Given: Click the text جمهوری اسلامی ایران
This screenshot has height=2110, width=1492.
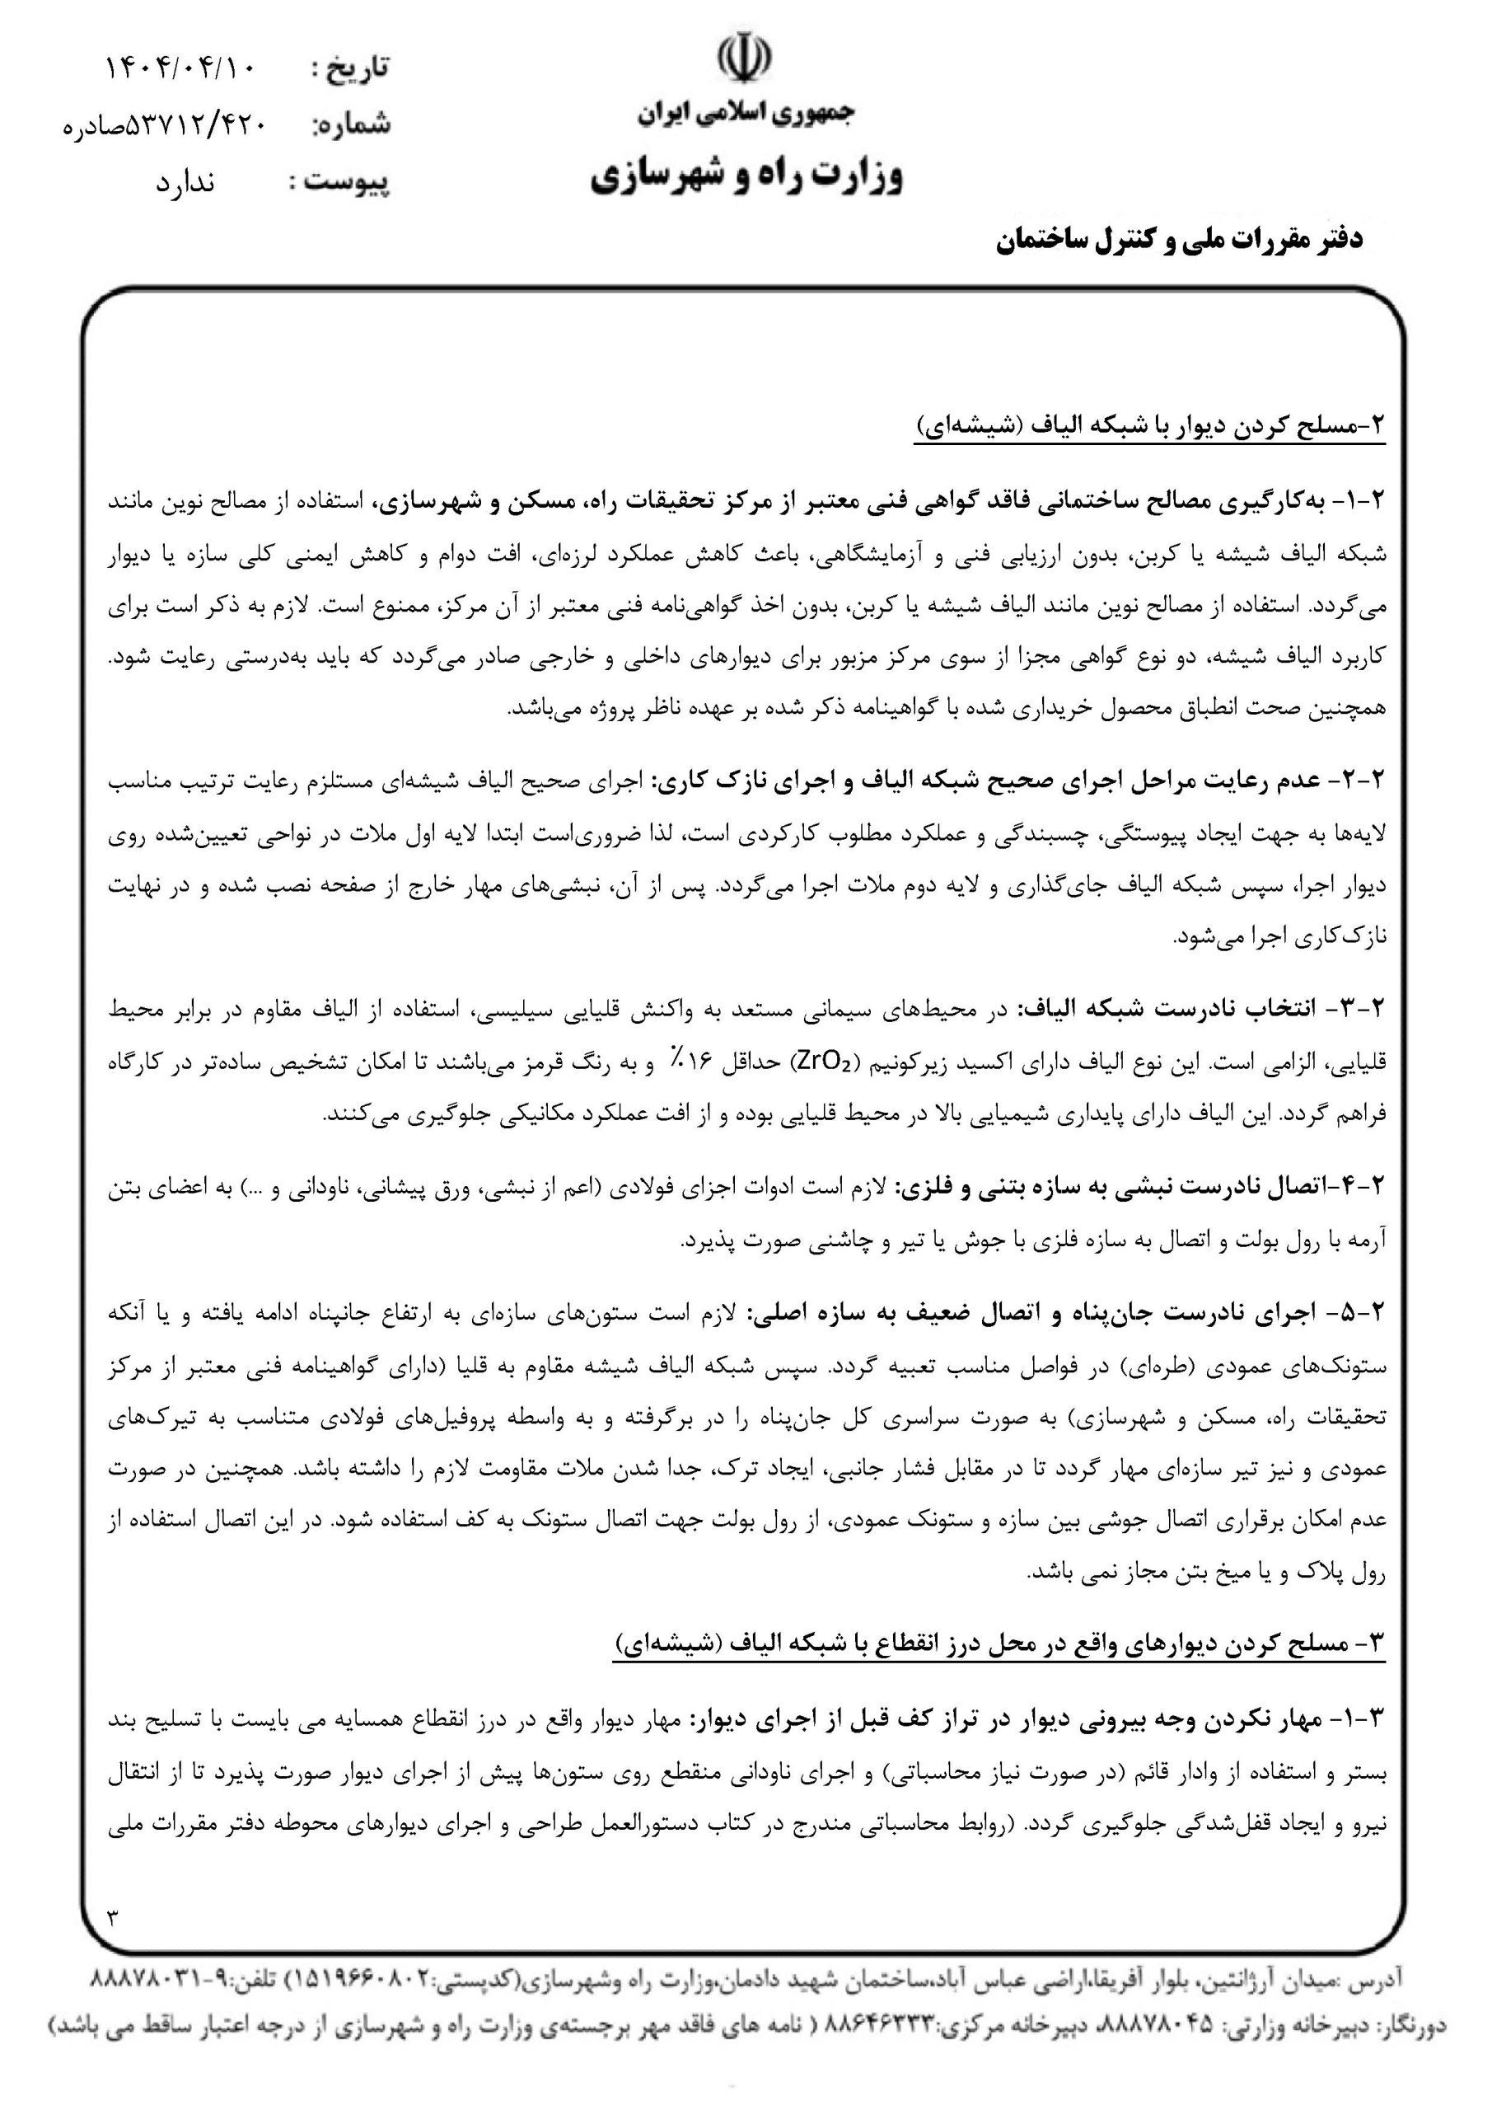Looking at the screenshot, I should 746,114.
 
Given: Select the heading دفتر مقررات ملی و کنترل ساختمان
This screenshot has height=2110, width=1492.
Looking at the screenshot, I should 1180,241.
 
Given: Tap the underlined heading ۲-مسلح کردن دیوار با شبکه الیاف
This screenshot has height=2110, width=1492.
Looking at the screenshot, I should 1148,425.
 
